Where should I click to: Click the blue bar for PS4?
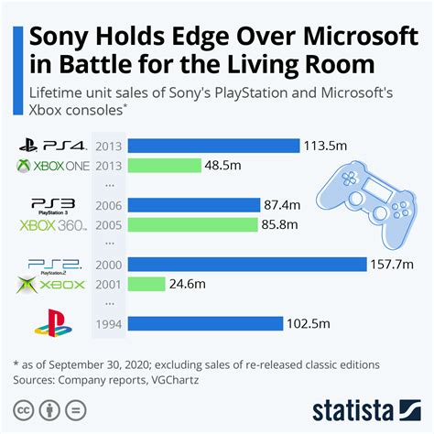[x=214, y=146]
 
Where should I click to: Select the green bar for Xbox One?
[x=165, y=166]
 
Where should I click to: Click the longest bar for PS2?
[x=248, y=265]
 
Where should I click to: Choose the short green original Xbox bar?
[x=146, y=285]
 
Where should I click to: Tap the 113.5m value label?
[x=328, y=146]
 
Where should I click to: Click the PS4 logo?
[x=51, y=145]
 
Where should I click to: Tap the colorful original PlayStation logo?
[x=50, y=322]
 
